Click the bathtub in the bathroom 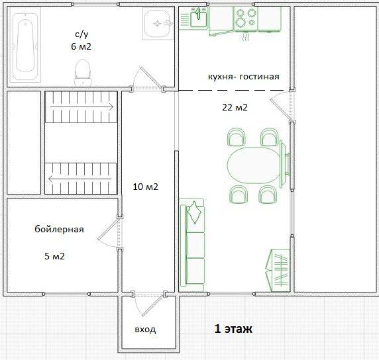[25, 45]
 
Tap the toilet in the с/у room [83, 72]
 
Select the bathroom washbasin [158, 23]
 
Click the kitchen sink [198, 19]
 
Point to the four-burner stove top [246, 19]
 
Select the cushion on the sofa [194, 212]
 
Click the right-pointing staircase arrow [81, 107]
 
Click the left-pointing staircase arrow [80, 179]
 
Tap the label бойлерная [59, 229]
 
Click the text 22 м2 [235, 107]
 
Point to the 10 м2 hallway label [146, 187]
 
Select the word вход [145, 330]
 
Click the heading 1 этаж [233, 329]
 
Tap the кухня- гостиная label [244, 77]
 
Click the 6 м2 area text [81, 46]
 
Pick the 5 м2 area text [54, 256]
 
